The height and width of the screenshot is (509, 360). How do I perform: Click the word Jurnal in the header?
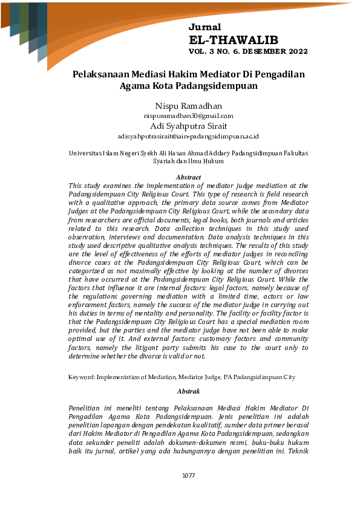coord(205,27)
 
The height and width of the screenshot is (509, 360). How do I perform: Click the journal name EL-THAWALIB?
coord(234,40)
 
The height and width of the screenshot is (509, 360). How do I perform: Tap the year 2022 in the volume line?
coord(296,52)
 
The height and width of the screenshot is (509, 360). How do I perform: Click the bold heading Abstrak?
coord(188,392)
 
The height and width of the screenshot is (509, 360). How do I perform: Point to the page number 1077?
coord(188,475)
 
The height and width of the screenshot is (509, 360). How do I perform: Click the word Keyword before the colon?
coord(81,377)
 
